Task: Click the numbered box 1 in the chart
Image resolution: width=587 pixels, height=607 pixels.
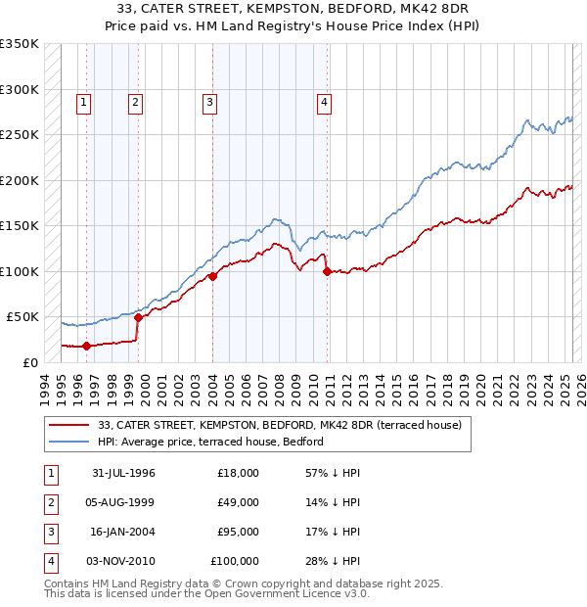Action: point(84,100)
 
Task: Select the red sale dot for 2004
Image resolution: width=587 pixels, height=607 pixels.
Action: point(212,276)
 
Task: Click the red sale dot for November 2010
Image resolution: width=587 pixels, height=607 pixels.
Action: point(326,271)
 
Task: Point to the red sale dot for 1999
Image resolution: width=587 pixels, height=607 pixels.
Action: point(138,317)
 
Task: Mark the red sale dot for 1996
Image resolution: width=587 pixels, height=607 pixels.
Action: point(86,346)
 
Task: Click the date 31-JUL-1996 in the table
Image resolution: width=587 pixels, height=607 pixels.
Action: point(123,473)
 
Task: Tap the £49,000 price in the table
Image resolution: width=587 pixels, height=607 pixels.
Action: point(238,502)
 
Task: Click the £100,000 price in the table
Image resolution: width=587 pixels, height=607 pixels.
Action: point(236,562)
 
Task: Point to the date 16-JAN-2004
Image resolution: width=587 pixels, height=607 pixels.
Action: point(123,533)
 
